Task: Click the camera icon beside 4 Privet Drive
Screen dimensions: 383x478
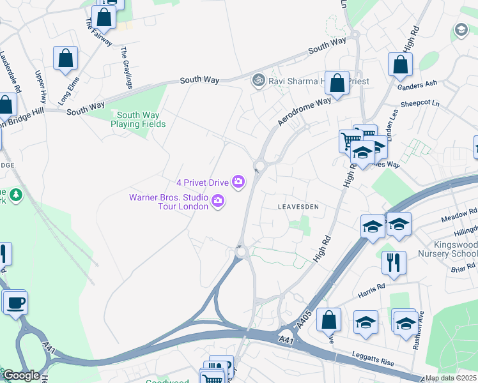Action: [x=238, y=183]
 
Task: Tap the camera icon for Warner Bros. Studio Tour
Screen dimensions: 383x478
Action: [x=219, y=202]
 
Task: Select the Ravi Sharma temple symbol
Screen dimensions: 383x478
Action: [x=259, y=80]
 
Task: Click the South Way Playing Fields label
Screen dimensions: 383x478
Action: [x=138, y=119]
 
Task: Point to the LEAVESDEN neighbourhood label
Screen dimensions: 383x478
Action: [x=297, y=207]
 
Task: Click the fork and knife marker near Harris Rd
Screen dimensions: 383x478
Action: [x=394, y=262]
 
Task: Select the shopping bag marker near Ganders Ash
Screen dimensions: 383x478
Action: [x=400, y=64]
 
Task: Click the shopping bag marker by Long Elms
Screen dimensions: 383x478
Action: [x=65, y=58]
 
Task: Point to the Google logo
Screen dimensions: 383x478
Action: [x=20, y=376]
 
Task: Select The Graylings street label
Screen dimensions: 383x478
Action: [x=127, y=68]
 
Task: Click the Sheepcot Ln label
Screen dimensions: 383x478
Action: [x=420, y=103]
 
